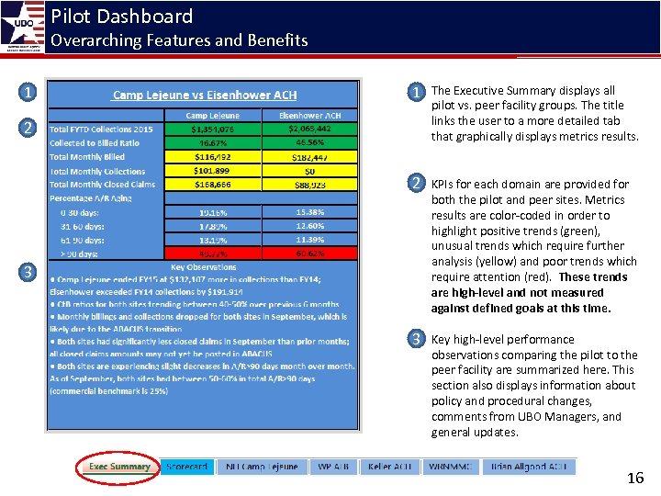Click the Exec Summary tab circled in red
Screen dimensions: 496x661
(x=119, y=467)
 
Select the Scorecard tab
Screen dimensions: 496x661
(x=186, y=467)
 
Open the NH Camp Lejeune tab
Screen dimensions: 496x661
(x=262, y=467)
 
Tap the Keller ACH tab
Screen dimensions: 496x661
(x=389, y=467)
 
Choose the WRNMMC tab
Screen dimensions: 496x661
(x=450, y=467)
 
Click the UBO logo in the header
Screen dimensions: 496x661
(x=24, y=26)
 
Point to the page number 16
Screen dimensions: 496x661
(x=634, y=478)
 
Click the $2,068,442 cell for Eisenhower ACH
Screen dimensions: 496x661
(x=308, y=130)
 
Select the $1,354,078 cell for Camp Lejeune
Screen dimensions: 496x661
(x=211, y=130)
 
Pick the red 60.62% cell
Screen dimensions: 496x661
(x=308, y=254)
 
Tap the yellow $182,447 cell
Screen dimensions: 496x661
(x=308, y=157)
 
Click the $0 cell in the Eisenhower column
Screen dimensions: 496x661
(x=308, y=171)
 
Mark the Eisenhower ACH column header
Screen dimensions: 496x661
(x=308, y=116)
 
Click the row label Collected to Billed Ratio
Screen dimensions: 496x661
(x=95, y=143)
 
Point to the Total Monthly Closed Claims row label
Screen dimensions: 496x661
(x=102, y=185)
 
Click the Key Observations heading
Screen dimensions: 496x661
(x=203, y=267)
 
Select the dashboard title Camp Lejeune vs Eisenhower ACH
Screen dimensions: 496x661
(x=204, y=96)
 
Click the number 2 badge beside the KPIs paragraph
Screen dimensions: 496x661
(x=417, y=184)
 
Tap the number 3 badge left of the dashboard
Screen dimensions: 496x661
(x=29, y=272)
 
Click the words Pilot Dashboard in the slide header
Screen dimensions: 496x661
(x=121, y=17)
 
